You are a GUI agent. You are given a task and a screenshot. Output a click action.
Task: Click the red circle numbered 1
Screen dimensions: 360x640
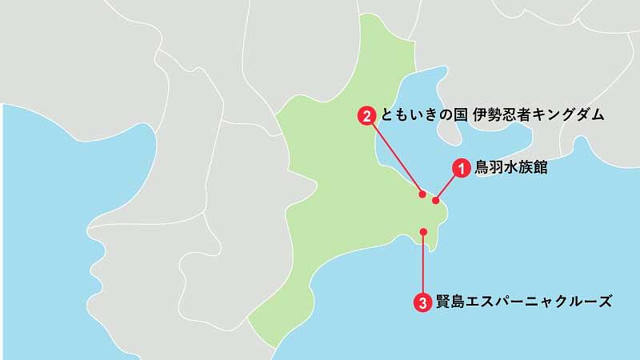click(461, 168)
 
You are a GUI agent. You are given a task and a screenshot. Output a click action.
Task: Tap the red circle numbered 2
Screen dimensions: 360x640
click(366, 116)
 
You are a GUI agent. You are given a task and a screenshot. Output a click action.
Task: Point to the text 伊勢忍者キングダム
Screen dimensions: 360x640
click(535, 116)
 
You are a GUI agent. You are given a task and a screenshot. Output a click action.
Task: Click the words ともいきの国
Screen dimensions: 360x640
click(420, 116)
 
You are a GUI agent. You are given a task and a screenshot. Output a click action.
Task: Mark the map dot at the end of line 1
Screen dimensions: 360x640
click(436, 200)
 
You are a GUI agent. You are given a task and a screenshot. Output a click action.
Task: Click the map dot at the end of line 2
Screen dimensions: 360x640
click(422, 194)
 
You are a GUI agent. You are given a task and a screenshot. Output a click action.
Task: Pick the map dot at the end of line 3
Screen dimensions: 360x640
click(424, 232)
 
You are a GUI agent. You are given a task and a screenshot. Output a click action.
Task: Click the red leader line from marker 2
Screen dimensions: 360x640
click(394, 155)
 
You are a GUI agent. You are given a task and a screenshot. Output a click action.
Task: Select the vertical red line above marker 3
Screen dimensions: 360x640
click(423, 264)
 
